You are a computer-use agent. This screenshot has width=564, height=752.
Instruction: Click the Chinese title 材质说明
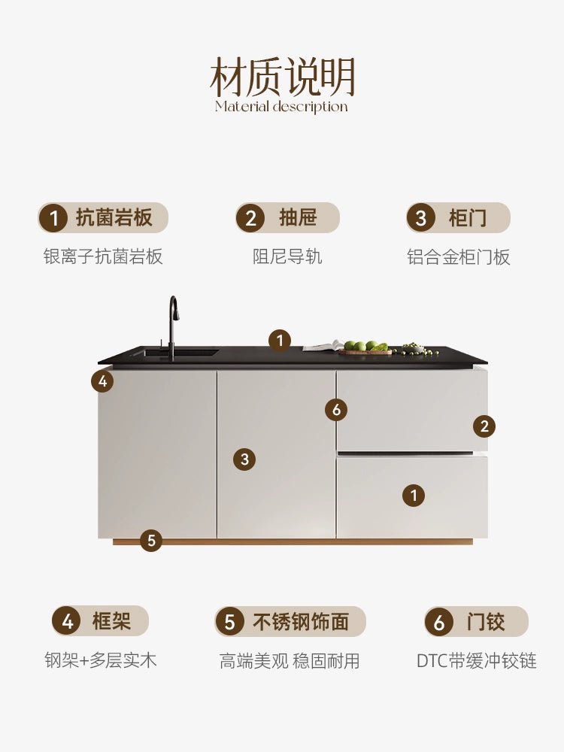click(x=282, y=77)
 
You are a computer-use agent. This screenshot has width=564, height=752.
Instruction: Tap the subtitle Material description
click(x=281, y=107)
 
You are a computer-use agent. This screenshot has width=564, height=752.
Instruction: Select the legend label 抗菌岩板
click(x=114, y=218)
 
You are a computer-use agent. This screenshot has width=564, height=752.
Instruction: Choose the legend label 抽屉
click(x=298, y=218)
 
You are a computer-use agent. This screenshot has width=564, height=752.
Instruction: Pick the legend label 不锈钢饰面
click(x=301, y=622)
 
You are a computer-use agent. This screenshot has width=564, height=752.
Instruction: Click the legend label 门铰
click(x=485, y=622)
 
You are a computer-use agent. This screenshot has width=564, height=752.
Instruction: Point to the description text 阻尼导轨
click(x=287, y=256)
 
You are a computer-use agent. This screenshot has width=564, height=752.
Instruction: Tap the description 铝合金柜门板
click(x=459, y=256)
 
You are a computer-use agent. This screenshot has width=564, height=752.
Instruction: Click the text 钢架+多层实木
click(x=101, y=660)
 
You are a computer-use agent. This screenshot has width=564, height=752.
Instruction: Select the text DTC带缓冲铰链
click(x=476, y=660)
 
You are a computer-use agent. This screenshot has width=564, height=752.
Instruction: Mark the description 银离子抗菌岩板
click(x=103, y=256)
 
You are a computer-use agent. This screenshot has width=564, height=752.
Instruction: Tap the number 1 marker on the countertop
click(x=280, y=341)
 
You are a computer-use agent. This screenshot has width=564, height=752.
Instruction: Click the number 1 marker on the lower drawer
click(x=414, y=495)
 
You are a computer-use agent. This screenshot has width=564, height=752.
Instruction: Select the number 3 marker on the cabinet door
click(x=244, y=459)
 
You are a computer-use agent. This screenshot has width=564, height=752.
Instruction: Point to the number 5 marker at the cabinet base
click(x=151, y=541)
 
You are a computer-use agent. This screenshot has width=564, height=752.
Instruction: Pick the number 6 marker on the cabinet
click(x=336, y=410)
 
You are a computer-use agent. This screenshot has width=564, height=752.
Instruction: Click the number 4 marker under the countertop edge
click(x=102, y=382)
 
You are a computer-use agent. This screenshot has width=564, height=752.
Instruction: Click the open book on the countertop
click(x=323, y=346)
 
